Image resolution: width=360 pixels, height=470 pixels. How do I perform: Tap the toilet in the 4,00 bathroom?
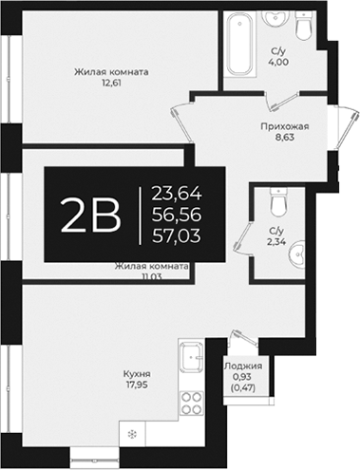(x=305, y=28)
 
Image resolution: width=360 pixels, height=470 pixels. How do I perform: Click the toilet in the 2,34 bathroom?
(x=277, y=202)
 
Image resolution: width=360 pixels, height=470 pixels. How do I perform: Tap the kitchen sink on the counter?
(x=190, y=358)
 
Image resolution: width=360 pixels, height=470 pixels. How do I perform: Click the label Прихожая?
(x=285, y=124)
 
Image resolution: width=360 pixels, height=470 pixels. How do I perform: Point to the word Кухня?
(x=136, y=374)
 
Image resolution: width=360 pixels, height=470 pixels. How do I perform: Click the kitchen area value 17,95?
(x=136, y=386)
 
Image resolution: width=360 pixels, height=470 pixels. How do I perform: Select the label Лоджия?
(x=242, y=366)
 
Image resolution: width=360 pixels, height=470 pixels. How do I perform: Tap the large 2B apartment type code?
(x=90, y=216)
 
